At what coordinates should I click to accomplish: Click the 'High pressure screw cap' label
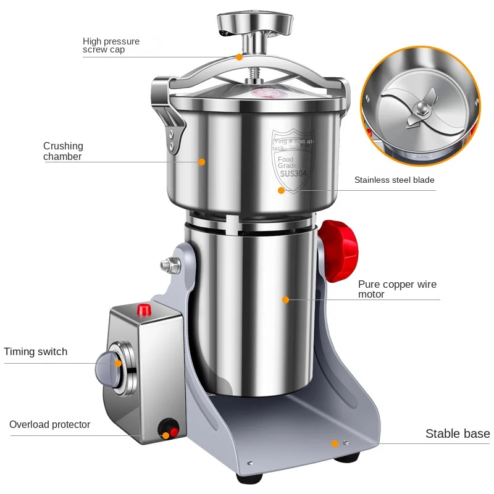point(111,46)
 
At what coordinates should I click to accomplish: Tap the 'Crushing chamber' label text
point(63,151)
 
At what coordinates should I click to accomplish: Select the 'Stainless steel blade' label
point(394,180)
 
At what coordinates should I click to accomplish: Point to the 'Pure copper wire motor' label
point(397,289)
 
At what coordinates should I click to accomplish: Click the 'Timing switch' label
point(36,352)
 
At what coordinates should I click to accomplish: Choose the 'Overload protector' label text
point(49,425)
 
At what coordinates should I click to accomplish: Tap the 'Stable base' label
point(457,434)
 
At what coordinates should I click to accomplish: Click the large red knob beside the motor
point(338,250)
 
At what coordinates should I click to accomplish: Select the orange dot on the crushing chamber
point(201,162)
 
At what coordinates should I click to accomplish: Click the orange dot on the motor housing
point(285,299)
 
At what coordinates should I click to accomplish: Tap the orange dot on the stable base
point(334,443)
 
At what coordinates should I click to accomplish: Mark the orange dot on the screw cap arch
point(238,57)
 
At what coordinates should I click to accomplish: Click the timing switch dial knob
point(109,370)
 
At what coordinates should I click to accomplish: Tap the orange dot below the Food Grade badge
point(281,190)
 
